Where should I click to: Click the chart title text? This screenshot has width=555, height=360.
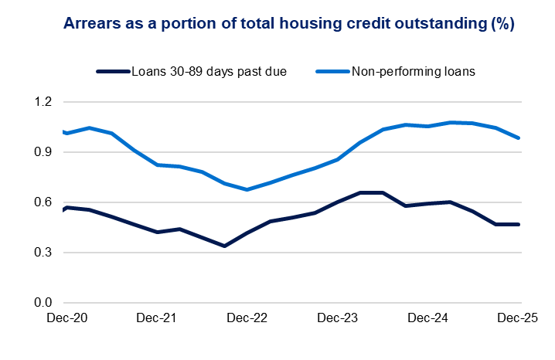(277, 24)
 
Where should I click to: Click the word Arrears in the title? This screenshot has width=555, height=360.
(91, 24)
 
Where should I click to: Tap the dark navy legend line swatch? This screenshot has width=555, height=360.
(113, 72)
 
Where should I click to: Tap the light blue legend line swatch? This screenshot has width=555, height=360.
(334, 72)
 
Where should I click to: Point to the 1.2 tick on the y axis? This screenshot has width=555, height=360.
(42, 102)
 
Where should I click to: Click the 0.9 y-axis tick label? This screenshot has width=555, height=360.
(42, 152)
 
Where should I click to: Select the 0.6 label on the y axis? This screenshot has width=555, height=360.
(42, 202)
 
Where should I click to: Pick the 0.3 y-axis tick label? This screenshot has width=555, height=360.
(42, 253)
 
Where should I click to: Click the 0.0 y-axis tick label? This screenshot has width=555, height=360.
(42, 303)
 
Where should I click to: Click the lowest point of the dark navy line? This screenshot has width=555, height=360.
(224, 246)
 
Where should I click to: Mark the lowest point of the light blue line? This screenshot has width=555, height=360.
(247, 189)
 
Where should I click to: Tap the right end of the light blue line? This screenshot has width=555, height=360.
(519, 138)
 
